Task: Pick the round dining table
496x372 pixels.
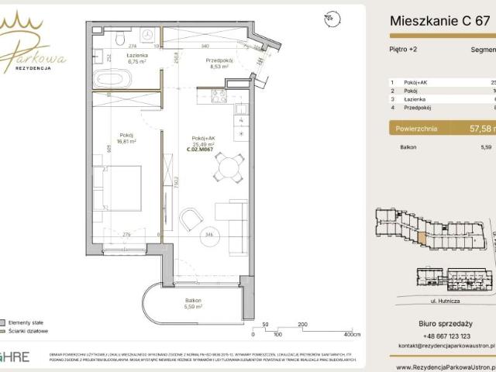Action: pyautogui.click(x=227, y=165)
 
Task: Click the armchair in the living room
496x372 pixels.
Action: pyautogui.click(x=191, y=219)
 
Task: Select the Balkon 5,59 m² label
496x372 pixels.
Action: pyautogui.click(x=194, y=303)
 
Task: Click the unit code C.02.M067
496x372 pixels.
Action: pyautogui.click(x=199, y=149)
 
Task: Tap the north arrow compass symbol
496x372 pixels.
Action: pyautogui.click(x=331, y=15)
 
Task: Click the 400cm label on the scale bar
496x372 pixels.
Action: pyautogui.click(x=353, y=335)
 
